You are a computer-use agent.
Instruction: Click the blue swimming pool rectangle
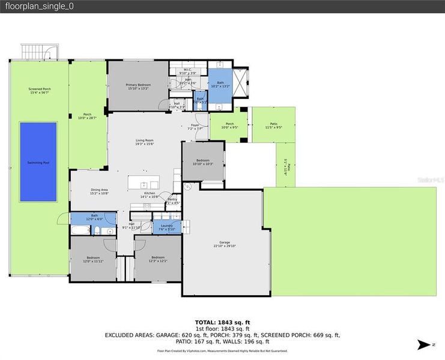coord(38,162)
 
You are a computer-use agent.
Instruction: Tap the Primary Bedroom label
coord(138,85)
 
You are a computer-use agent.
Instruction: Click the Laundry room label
coord(166,225)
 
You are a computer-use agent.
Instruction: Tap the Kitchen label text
coord(149,193)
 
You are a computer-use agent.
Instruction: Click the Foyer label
coord(195,125)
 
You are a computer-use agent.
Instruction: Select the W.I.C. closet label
coord(187,70)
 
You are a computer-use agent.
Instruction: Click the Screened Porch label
coord(39,89)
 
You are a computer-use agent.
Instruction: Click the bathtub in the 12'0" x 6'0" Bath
coord(80,229)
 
